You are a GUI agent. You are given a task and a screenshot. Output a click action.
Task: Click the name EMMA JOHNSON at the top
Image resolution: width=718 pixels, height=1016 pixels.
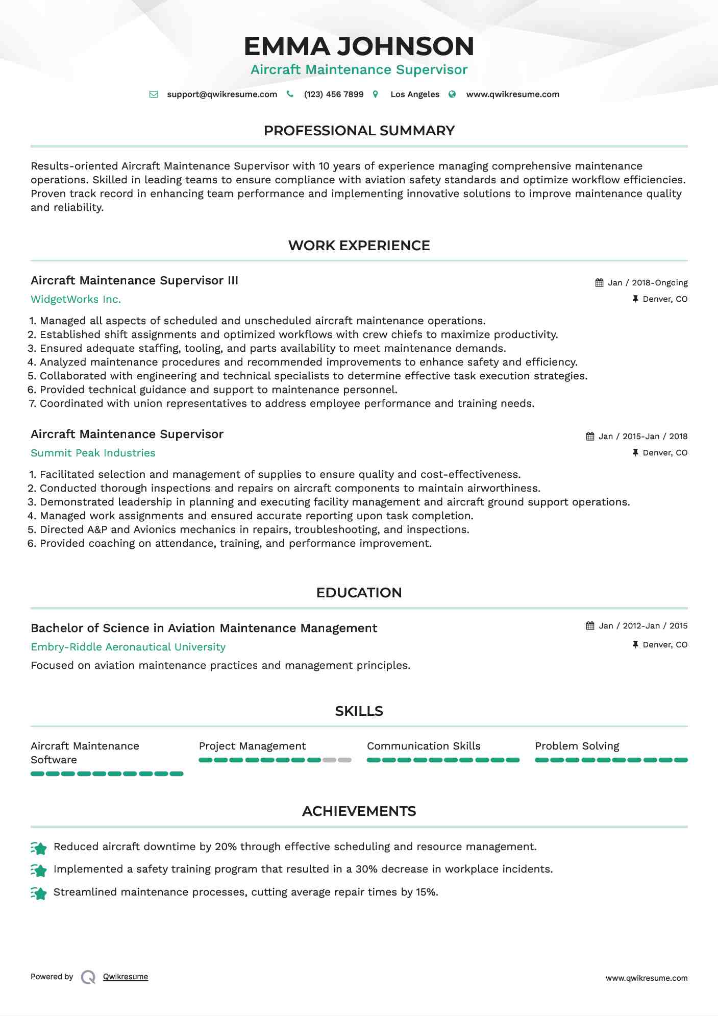click(359, 46)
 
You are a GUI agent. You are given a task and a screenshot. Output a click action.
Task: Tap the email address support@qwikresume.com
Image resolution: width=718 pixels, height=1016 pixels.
click(222, 94)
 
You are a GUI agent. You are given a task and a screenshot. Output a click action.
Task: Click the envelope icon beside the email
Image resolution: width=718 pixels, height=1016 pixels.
click(154, 94)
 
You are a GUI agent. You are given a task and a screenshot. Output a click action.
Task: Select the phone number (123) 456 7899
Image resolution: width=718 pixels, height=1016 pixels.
click(334, 94)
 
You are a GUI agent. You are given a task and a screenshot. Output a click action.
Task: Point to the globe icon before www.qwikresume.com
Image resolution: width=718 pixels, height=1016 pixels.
click(452, 94)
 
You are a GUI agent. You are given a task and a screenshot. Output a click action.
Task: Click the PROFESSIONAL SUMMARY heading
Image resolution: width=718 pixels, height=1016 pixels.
click(359, 131)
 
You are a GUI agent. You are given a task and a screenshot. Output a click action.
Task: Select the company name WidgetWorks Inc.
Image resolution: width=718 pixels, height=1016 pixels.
click(76, 300)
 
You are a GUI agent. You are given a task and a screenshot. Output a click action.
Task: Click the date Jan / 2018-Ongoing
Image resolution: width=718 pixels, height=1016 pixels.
click(648, 283)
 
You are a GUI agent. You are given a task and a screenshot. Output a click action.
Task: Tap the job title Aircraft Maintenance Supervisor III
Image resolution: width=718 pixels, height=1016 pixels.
click(134, 281)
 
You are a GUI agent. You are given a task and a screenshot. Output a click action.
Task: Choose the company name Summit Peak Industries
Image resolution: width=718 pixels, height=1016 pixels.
click(93, 453)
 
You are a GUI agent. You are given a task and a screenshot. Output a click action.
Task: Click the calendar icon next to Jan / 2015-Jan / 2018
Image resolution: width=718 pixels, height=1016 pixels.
click(590, 437)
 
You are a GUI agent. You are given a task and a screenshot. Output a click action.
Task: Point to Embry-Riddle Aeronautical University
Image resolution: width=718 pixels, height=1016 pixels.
click(128, 647)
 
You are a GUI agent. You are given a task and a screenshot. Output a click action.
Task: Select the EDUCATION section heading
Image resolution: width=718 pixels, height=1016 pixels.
click(359, 593)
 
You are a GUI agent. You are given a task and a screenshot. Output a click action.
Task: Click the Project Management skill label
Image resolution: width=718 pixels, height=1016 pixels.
click(252, 746)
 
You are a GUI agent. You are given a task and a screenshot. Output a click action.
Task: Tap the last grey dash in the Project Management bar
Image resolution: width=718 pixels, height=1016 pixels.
click(345, 760)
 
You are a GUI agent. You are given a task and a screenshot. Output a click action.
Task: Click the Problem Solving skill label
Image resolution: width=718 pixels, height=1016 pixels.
click(577, 746)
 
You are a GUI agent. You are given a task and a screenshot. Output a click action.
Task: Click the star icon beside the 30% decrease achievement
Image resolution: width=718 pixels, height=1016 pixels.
click(39, 870)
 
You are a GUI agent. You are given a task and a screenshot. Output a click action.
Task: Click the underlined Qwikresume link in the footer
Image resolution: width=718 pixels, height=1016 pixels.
click(126, 977)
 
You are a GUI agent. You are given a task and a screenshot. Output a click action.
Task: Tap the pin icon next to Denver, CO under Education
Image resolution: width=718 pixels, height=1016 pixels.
click(635, 645)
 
